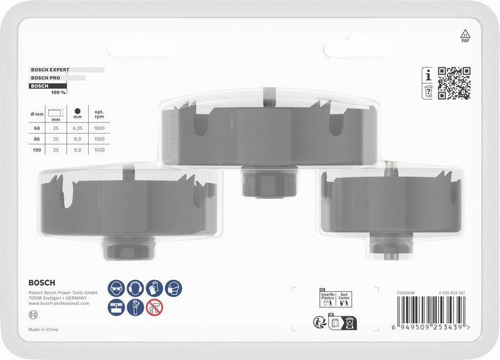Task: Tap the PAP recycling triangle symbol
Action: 464,35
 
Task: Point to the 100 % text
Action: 58,92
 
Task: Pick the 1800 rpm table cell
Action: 100,127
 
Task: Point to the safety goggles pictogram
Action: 115,289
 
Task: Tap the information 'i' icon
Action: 428,76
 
